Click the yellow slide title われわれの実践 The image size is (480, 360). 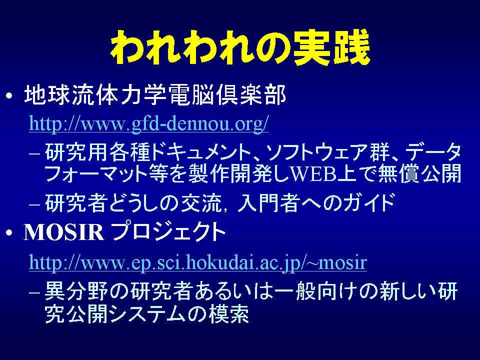pyautogui.click(x=240, y=48)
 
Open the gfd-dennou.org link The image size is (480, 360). pyautogui.click(x=149, y=123)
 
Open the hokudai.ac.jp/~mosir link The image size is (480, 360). pyautogui.click(x=198, y=263)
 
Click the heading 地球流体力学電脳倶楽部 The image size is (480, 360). pyautogui.click(x=154, y=95)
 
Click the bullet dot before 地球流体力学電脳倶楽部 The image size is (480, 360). pyautogui.click(x=9, y=96)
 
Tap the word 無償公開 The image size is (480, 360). pyautogui.click(x=419, y=173)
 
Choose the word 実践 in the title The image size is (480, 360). pyautogui.click(x=332, y=48)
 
